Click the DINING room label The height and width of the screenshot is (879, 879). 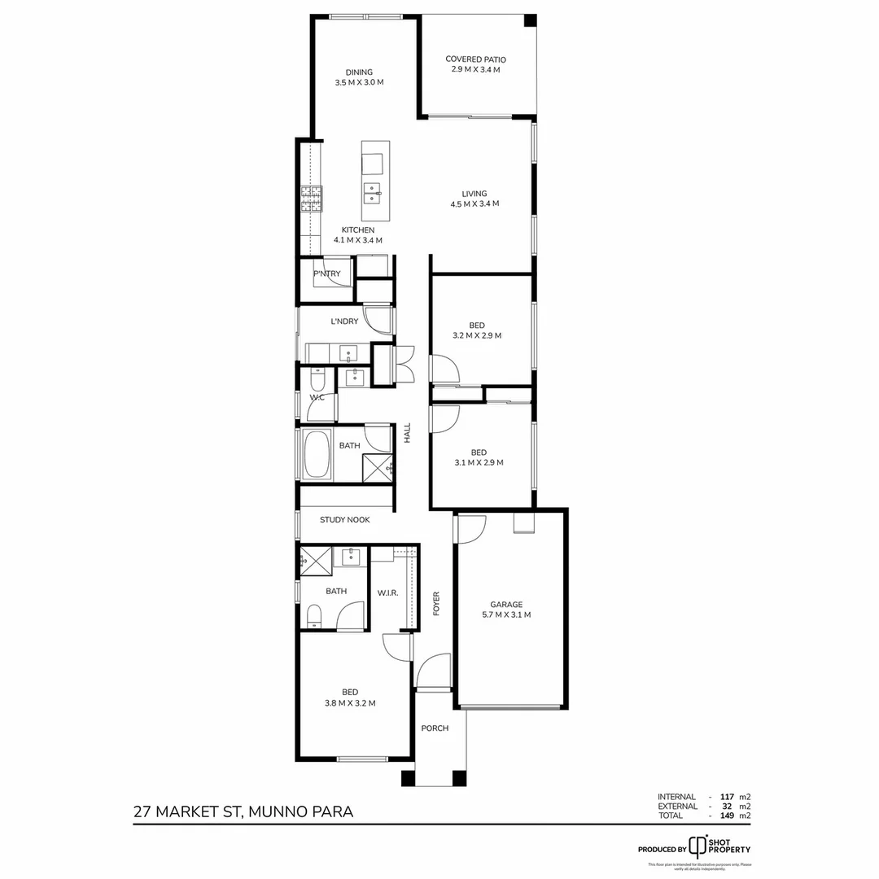coord(358,72)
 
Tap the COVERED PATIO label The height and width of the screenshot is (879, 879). coord(475,59)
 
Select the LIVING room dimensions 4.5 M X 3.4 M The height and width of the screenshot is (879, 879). coord(474,203)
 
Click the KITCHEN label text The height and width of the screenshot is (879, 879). coord(358,230)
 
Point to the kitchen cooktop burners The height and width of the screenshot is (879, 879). coord(311,198)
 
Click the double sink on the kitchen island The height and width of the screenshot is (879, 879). coord(372,192)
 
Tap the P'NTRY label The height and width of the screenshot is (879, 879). coord(326,274)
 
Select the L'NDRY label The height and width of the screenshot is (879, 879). coord(344,321)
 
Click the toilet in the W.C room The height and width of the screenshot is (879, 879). coord(317,378)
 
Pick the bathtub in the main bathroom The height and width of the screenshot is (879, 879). coord(316,456)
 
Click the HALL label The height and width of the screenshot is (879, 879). coord(408,432)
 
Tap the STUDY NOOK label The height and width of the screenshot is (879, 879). coord(344,519)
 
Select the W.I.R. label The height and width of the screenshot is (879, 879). coord(387,593)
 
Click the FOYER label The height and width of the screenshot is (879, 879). coord(436,603)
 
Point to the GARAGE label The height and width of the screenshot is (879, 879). coord(506,605)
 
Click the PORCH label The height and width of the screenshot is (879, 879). coord(435,728)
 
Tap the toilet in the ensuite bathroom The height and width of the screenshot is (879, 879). coord(313,616)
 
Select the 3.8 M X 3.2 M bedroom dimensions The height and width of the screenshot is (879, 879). coord(350,703)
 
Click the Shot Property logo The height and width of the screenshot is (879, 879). coord(698,846)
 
